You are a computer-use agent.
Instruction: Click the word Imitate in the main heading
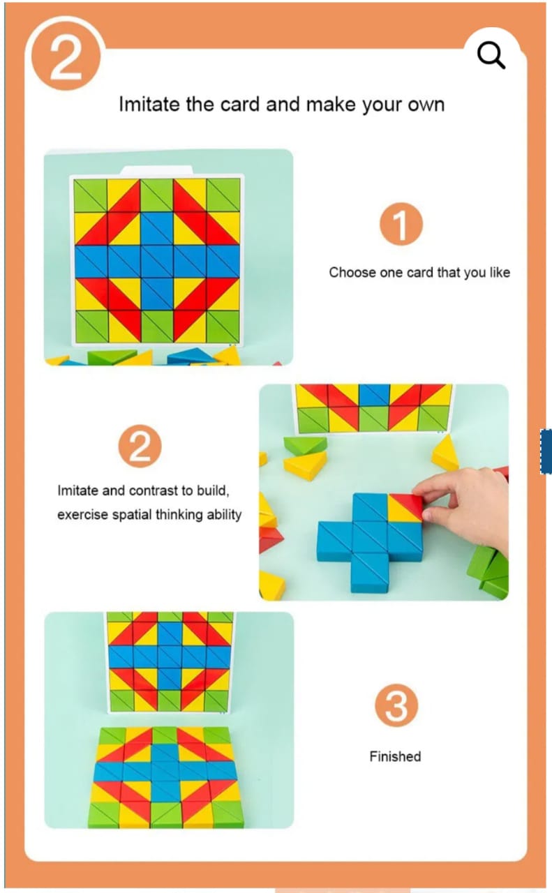tap(149, 105)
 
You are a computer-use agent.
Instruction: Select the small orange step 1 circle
tap(401, 224)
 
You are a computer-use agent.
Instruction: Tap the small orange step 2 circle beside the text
tap(140, 446)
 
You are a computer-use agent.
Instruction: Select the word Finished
tap(395, 756)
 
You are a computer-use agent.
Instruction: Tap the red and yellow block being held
tap(405, 507)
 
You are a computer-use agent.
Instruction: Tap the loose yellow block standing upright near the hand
tap(445, 453)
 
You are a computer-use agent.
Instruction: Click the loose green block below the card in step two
tap(305, 445)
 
